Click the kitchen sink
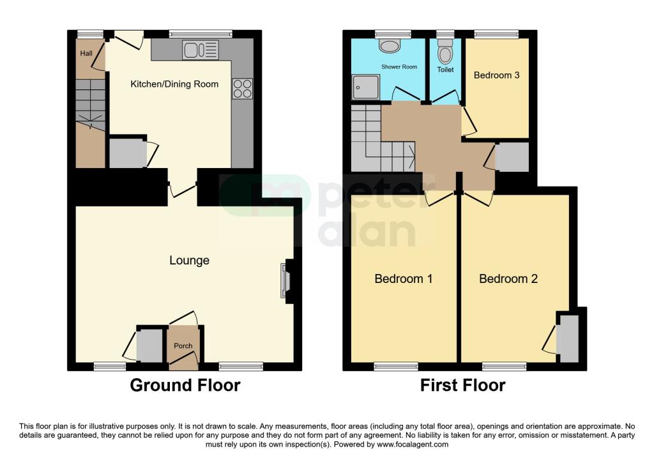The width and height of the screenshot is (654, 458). [x=200, y=50]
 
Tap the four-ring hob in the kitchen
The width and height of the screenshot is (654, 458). [x=243, y=88]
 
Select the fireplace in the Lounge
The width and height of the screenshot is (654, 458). [x=284, y=281]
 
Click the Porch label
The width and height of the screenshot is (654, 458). [x=183, y=346]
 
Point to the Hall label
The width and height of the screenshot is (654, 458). [x=86, y=54]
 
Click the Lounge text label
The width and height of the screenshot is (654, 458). [x=189, y=261]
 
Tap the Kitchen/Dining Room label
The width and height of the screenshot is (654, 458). [x=174, y=84]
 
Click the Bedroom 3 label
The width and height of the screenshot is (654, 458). [x=496, y=75]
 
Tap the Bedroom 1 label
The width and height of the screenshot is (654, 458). [x=403, y=279]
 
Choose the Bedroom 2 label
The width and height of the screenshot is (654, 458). [x=508, y=279]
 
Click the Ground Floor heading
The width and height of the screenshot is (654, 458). [x=185, y=385]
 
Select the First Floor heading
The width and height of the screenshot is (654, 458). [x=462, y=385]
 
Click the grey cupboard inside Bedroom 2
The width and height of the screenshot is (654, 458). [x=566, y=338]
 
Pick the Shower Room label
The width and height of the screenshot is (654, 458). [x=399, y=66]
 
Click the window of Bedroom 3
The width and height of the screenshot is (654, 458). [x=496, y=34]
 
